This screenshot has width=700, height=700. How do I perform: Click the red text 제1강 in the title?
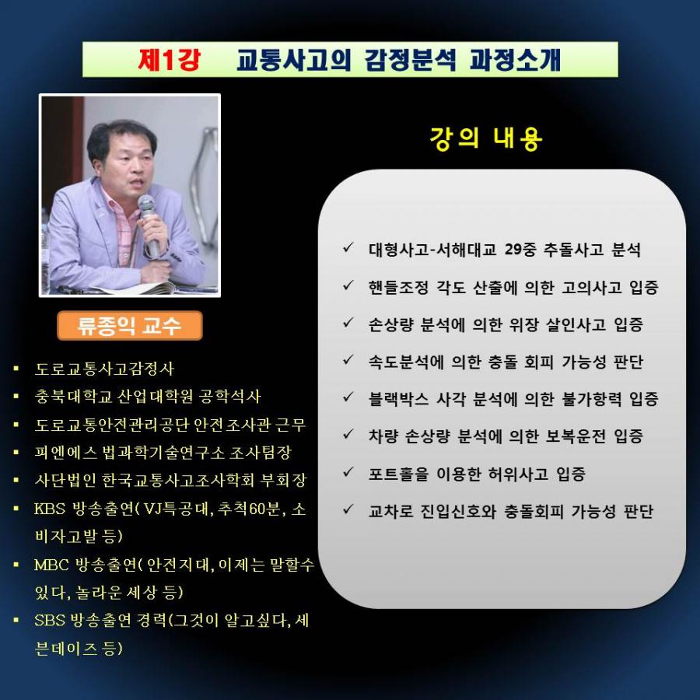pyautogui.click(x=170, y=59)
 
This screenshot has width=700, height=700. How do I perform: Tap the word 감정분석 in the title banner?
pyautogui.click(x=410, y=59)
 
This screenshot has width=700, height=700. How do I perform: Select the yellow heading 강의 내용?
pyautogui.click(x=485, y=138)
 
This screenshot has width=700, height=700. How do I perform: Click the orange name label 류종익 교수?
pyautogui.click(x=129, y=325)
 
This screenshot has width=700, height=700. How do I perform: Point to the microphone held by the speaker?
pyautogui.click(x=149, y=226)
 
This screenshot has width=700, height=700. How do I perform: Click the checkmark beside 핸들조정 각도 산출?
pyautogui.click(x=348, y=285)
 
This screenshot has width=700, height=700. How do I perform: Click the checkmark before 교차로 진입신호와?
pyautogui.click(x=348, y=509)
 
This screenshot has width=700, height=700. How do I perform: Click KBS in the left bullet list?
pyautogui.click(x=50, y=509)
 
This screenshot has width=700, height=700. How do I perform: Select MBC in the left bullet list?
pyautogui.click(x=51, y=565)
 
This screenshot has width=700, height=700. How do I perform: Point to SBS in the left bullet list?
pyautogui.click(x=50, y=620)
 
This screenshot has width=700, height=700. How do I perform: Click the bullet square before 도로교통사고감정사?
pyautogui.click(x=16, y=369)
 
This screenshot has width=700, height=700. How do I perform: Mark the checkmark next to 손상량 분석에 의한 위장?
pyautogui.click(x=348, y=322)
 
